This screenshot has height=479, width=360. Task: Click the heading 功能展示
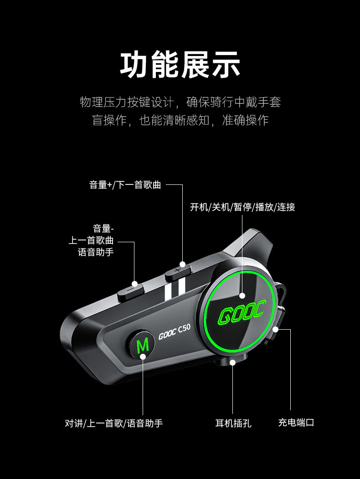(180, 65)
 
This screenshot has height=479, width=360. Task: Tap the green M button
(142, 344)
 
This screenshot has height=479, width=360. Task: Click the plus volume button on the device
(177, 272)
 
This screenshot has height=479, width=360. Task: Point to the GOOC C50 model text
(175, 332)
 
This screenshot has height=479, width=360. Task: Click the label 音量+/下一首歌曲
(125, 185)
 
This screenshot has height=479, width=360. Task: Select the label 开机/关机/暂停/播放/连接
(242, 207)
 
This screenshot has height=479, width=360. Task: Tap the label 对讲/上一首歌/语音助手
(114, 423)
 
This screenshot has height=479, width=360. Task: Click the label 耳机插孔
(233, 423)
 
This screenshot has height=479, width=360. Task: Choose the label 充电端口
(296, 423)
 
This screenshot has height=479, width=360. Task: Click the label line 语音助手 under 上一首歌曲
(96, 252)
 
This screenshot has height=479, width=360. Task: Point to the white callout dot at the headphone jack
(233, 362)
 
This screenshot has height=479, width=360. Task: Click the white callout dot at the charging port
(276, 329)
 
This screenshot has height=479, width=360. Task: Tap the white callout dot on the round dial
(242, 296)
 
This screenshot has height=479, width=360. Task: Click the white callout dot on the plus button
(183, 264)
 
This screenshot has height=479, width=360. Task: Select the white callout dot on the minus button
(134, 284)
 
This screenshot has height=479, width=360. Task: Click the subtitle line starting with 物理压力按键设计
(180, 102)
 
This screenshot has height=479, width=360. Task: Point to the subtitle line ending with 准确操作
(180, 120)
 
